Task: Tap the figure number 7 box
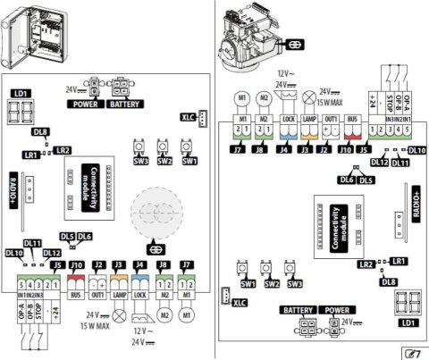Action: [414, 350]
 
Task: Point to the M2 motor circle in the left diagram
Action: [163, 315]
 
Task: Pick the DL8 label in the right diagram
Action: [387, 282]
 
